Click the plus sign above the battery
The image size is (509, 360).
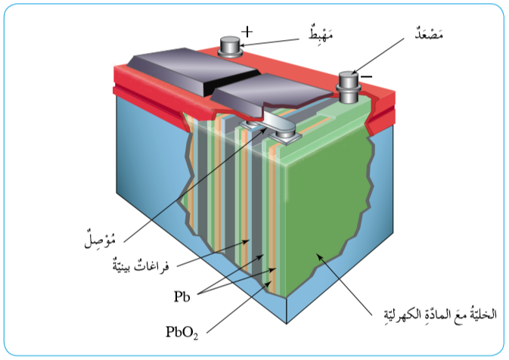click(247, 32)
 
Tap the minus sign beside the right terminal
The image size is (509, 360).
click(366, 76)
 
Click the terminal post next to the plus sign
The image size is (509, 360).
click(229, 48)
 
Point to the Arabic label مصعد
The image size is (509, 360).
click(436, 35)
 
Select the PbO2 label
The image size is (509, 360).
click(182, 332)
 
